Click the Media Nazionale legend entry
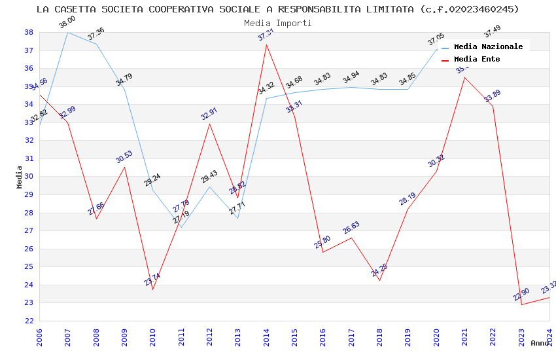click(x=488, y=47)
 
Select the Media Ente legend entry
click(x=477, y=60)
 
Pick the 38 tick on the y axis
click(x=29, y=32)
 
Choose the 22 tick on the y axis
click(x=29, y=321)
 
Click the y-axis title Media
click(x=20, y=177)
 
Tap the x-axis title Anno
click(x=540, y=343)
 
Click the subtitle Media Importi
click(x=278, y=23)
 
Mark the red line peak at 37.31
click(x=266, y=45)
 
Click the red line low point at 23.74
click(x=153, y=289)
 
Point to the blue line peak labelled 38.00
click(x=67, y=32)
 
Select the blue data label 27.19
click(x=181, y=218)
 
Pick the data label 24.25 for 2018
click(x=380, y=270)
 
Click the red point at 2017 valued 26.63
click(x=351, y=237)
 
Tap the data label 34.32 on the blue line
click(x=266, y=89)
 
